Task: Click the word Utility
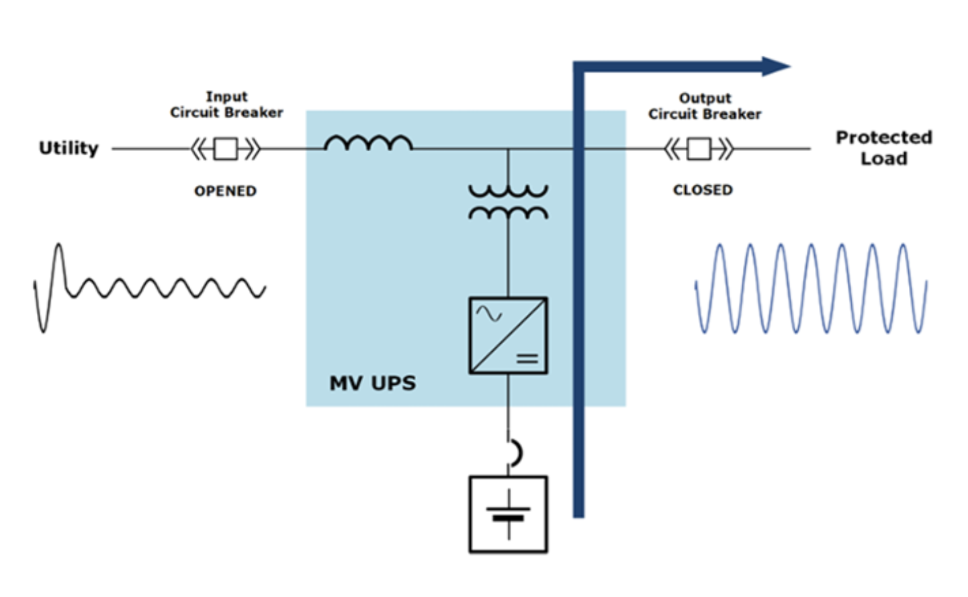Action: (x=69, y=148)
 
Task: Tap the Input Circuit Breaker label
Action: (x=226, y=105)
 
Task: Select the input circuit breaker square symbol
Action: (x=226, y=149)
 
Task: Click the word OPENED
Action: (x=225, y=191)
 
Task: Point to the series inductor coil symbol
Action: (x=368, y=142)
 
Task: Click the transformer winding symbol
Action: (x=509, y=202)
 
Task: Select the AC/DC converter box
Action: (x=509, y=335)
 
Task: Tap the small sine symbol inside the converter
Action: (x=489, y=314)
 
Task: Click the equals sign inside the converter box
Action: (x=527, y=359)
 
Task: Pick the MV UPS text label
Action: (x=373, y=383)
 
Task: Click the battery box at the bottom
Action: (x=509, y=514)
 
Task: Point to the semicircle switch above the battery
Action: (x=517, y=453)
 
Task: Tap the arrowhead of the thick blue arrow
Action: (x=776, y=66)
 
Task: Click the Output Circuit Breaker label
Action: (x=705, y=106)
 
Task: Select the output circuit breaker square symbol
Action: (x=699, y=149)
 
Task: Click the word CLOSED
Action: (x=703, y=190)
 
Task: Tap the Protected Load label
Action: (x=884, y=148)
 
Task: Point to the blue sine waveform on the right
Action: (x=811, y=289)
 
